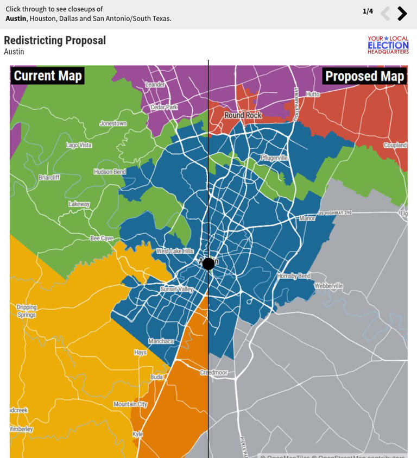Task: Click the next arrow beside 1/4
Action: tap(402, 14)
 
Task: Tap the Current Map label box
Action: tap(48, 76)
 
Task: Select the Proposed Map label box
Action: tap(364, 76)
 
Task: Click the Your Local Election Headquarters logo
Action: tap(388, 45)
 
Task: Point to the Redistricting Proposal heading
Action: tap(55, 40)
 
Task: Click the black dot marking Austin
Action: tap(208, 264)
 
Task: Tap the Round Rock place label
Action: tap(243, 115)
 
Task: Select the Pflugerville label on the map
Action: tap(274, 158)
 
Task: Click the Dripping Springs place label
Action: tap(26, 311)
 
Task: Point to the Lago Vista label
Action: tap(79, 145)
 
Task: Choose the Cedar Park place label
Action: tap(164, 107)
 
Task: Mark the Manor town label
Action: tap(307, 218)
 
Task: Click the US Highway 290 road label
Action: tap(335, 213)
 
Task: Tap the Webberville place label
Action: tap(328, 286)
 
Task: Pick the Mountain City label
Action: tap(130, 404)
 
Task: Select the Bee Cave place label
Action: tap(102, 238)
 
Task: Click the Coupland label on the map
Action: tap(395, 145)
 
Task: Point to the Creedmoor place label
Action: tap(213, 373)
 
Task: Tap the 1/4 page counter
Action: tap(368, 11)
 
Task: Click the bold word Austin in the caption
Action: tap(16, 18)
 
